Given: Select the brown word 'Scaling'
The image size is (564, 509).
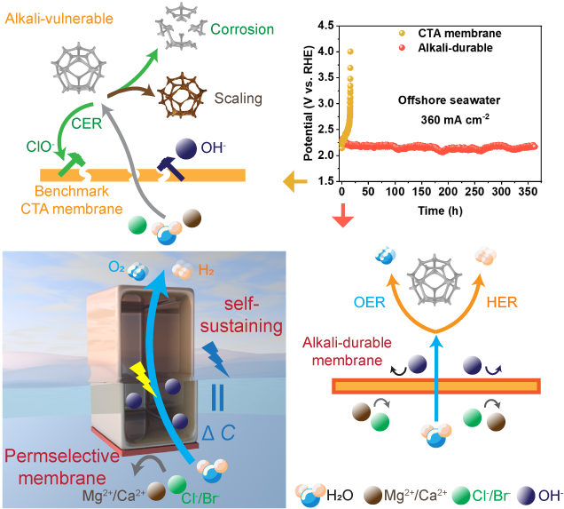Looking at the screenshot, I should (238, 92).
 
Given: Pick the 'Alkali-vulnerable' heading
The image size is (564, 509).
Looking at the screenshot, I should (53, 17).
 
